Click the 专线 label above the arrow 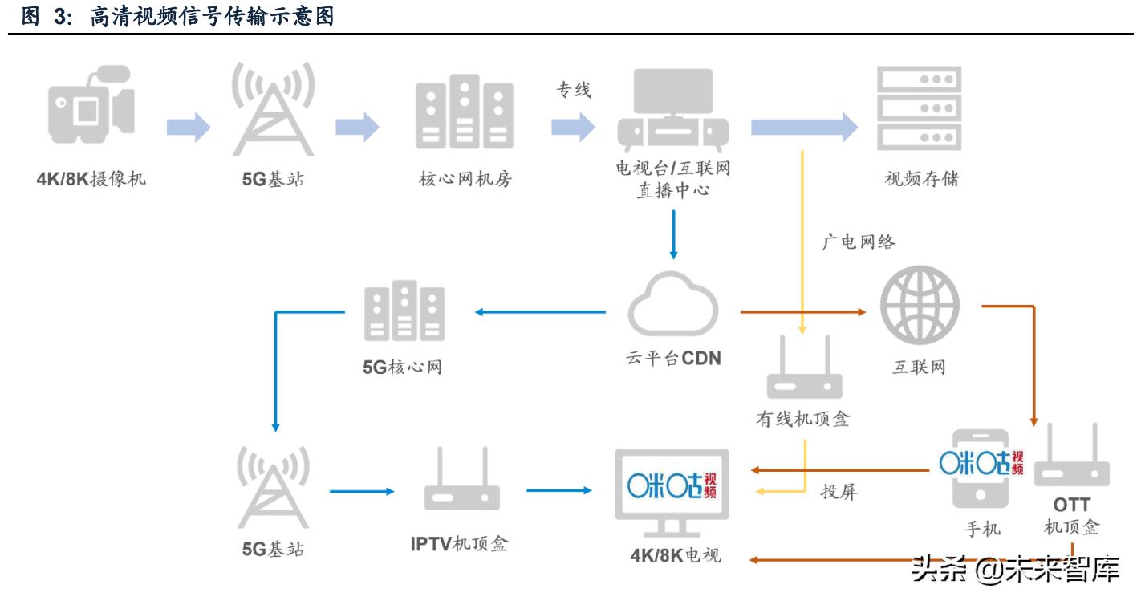coord(574,91)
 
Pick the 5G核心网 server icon coord(404,311)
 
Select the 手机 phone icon coord(981,469)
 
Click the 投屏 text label coord(839,492)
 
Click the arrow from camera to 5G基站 coord(189,127)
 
